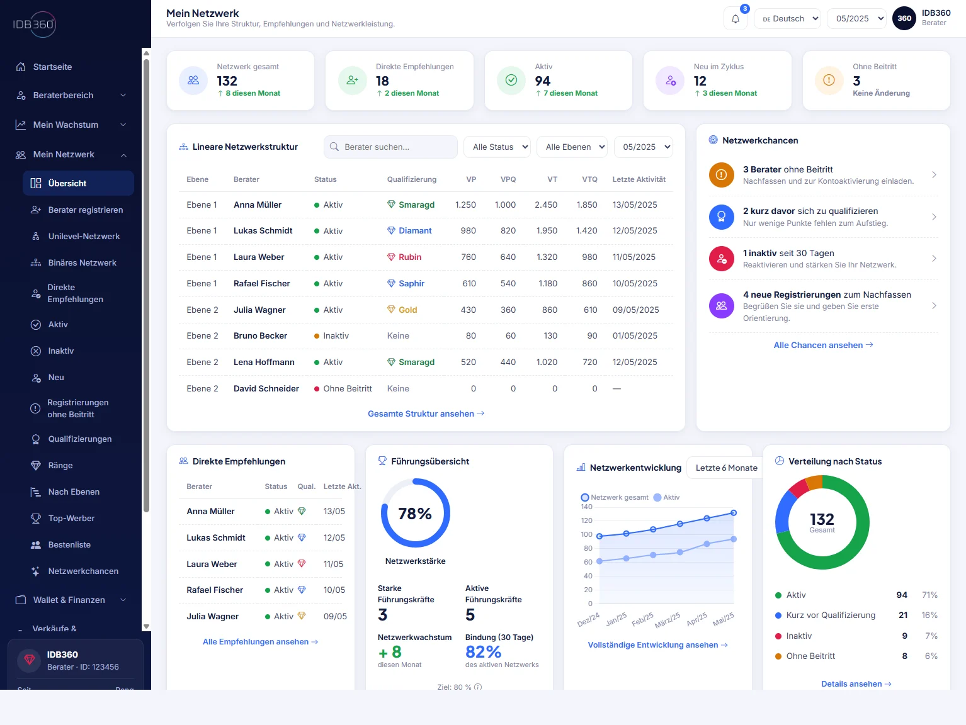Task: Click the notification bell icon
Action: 735,19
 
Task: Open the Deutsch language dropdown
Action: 787,18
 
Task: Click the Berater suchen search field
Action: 390,147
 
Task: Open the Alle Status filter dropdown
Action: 497,147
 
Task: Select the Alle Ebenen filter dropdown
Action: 572,147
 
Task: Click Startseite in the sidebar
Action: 52,67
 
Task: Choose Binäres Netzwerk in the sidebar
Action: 82,262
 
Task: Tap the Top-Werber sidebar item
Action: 71,519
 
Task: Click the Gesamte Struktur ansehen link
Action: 426,413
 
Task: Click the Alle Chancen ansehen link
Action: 823,345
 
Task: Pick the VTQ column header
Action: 589,179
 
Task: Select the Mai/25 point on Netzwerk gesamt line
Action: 734,513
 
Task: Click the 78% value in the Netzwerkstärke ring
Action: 414,514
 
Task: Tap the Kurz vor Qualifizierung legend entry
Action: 830,615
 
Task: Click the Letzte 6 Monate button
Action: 725,468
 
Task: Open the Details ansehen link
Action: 856,684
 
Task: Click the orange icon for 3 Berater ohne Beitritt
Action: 721,175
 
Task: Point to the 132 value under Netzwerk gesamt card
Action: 227,81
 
